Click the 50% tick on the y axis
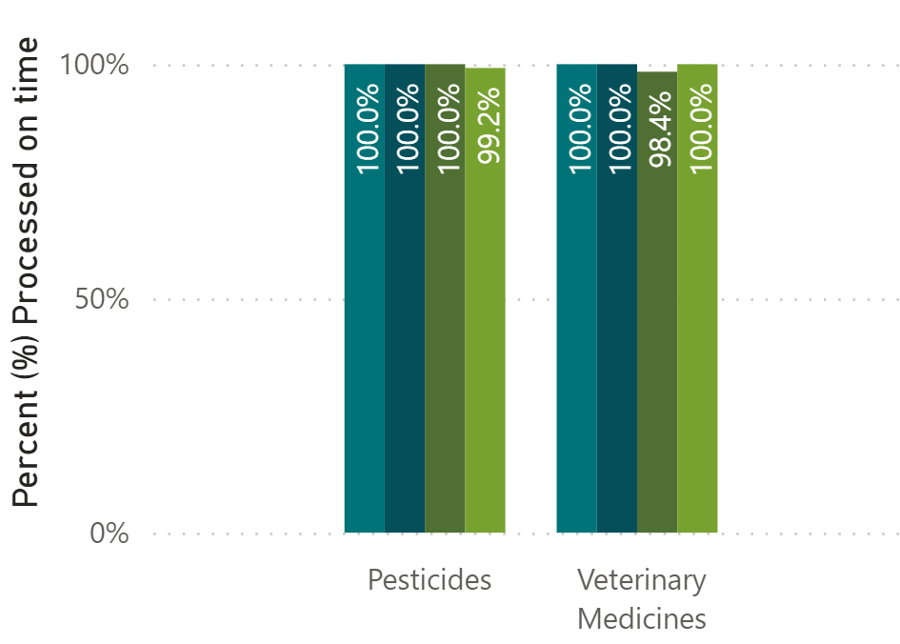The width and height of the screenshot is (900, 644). coord(101,299)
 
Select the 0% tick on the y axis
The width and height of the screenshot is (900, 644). coord(109,533)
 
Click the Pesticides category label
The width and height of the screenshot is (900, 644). coord(430,580)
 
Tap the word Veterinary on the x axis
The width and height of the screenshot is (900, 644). coord(642,580)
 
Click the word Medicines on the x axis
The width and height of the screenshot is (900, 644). coord(642,619)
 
